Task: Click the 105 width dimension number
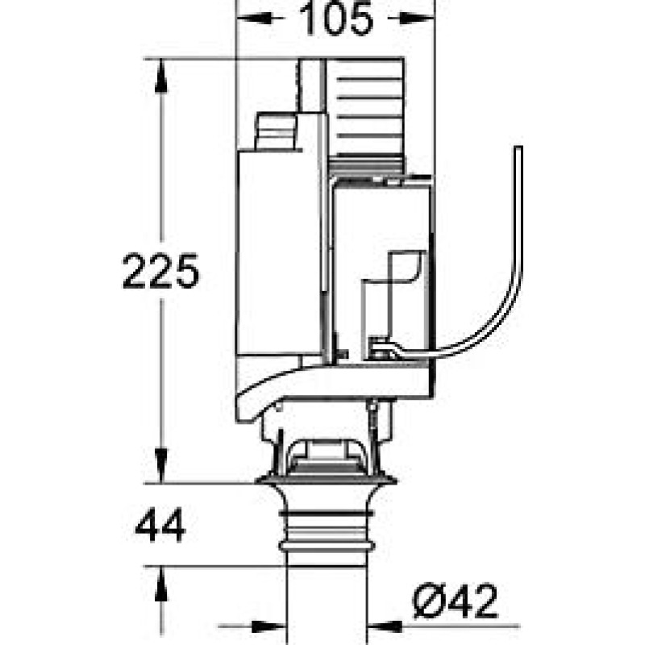pos(336,19)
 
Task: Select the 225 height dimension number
pos(160,271)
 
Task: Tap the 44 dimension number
pos(160,525)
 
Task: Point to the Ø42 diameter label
pos(455,601)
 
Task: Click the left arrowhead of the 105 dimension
pos(254,18)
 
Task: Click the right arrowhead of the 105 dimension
pos(417,18)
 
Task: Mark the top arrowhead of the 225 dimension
pos(160,76)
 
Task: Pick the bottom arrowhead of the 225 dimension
pos(160,465)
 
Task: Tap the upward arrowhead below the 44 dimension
pos(160,584)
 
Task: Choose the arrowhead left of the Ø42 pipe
pos(268,626)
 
